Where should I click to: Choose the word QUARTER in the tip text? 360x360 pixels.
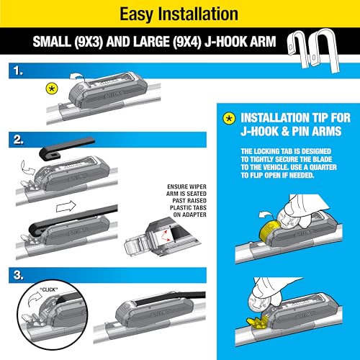pos(313,169)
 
